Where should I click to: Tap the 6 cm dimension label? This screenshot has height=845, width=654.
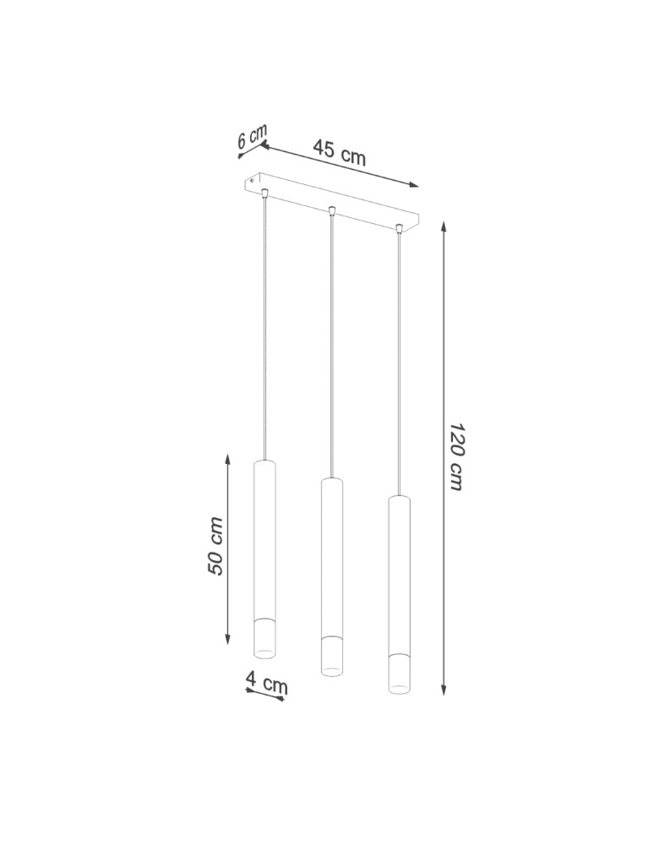(252, 137)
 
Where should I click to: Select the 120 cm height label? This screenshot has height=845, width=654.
(455, 457)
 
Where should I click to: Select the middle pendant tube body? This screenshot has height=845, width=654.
(332, 558)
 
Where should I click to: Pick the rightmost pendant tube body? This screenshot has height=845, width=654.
(399, 575)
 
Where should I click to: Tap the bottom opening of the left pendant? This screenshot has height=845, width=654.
(265, 651)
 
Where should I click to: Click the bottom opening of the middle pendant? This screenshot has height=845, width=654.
(332, 669)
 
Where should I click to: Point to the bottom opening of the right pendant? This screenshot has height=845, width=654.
(399, 686)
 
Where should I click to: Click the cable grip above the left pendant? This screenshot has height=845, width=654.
(266, 194)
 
